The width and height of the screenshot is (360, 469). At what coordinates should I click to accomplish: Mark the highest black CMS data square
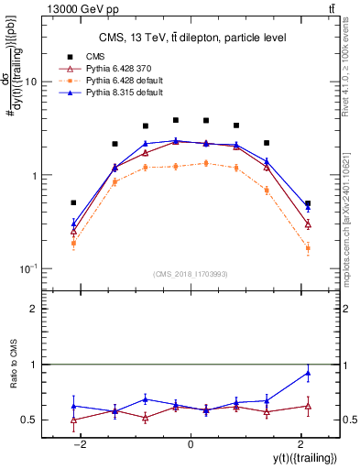pos(176,120)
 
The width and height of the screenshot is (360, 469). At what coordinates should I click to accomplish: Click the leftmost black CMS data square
pos(73,202)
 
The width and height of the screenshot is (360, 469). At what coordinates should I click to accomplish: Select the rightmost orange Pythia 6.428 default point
pos(308,248)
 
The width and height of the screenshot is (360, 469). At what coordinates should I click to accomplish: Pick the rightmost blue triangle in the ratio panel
pos(308,373)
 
